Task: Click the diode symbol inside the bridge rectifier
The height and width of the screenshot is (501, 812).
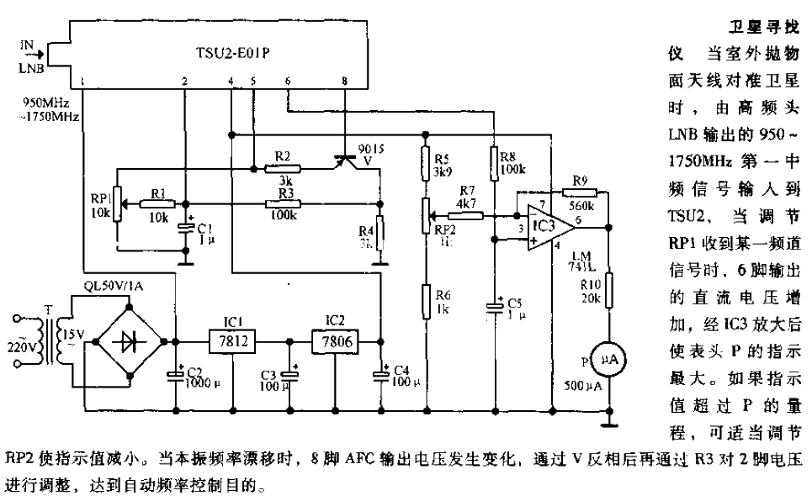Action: (x=131, y=341)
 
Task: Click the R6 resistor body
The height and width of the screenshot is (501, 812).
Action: (x=425, y=298)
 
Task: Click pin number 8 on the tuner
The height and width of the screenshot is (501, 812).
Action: (x=343, y=80)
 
